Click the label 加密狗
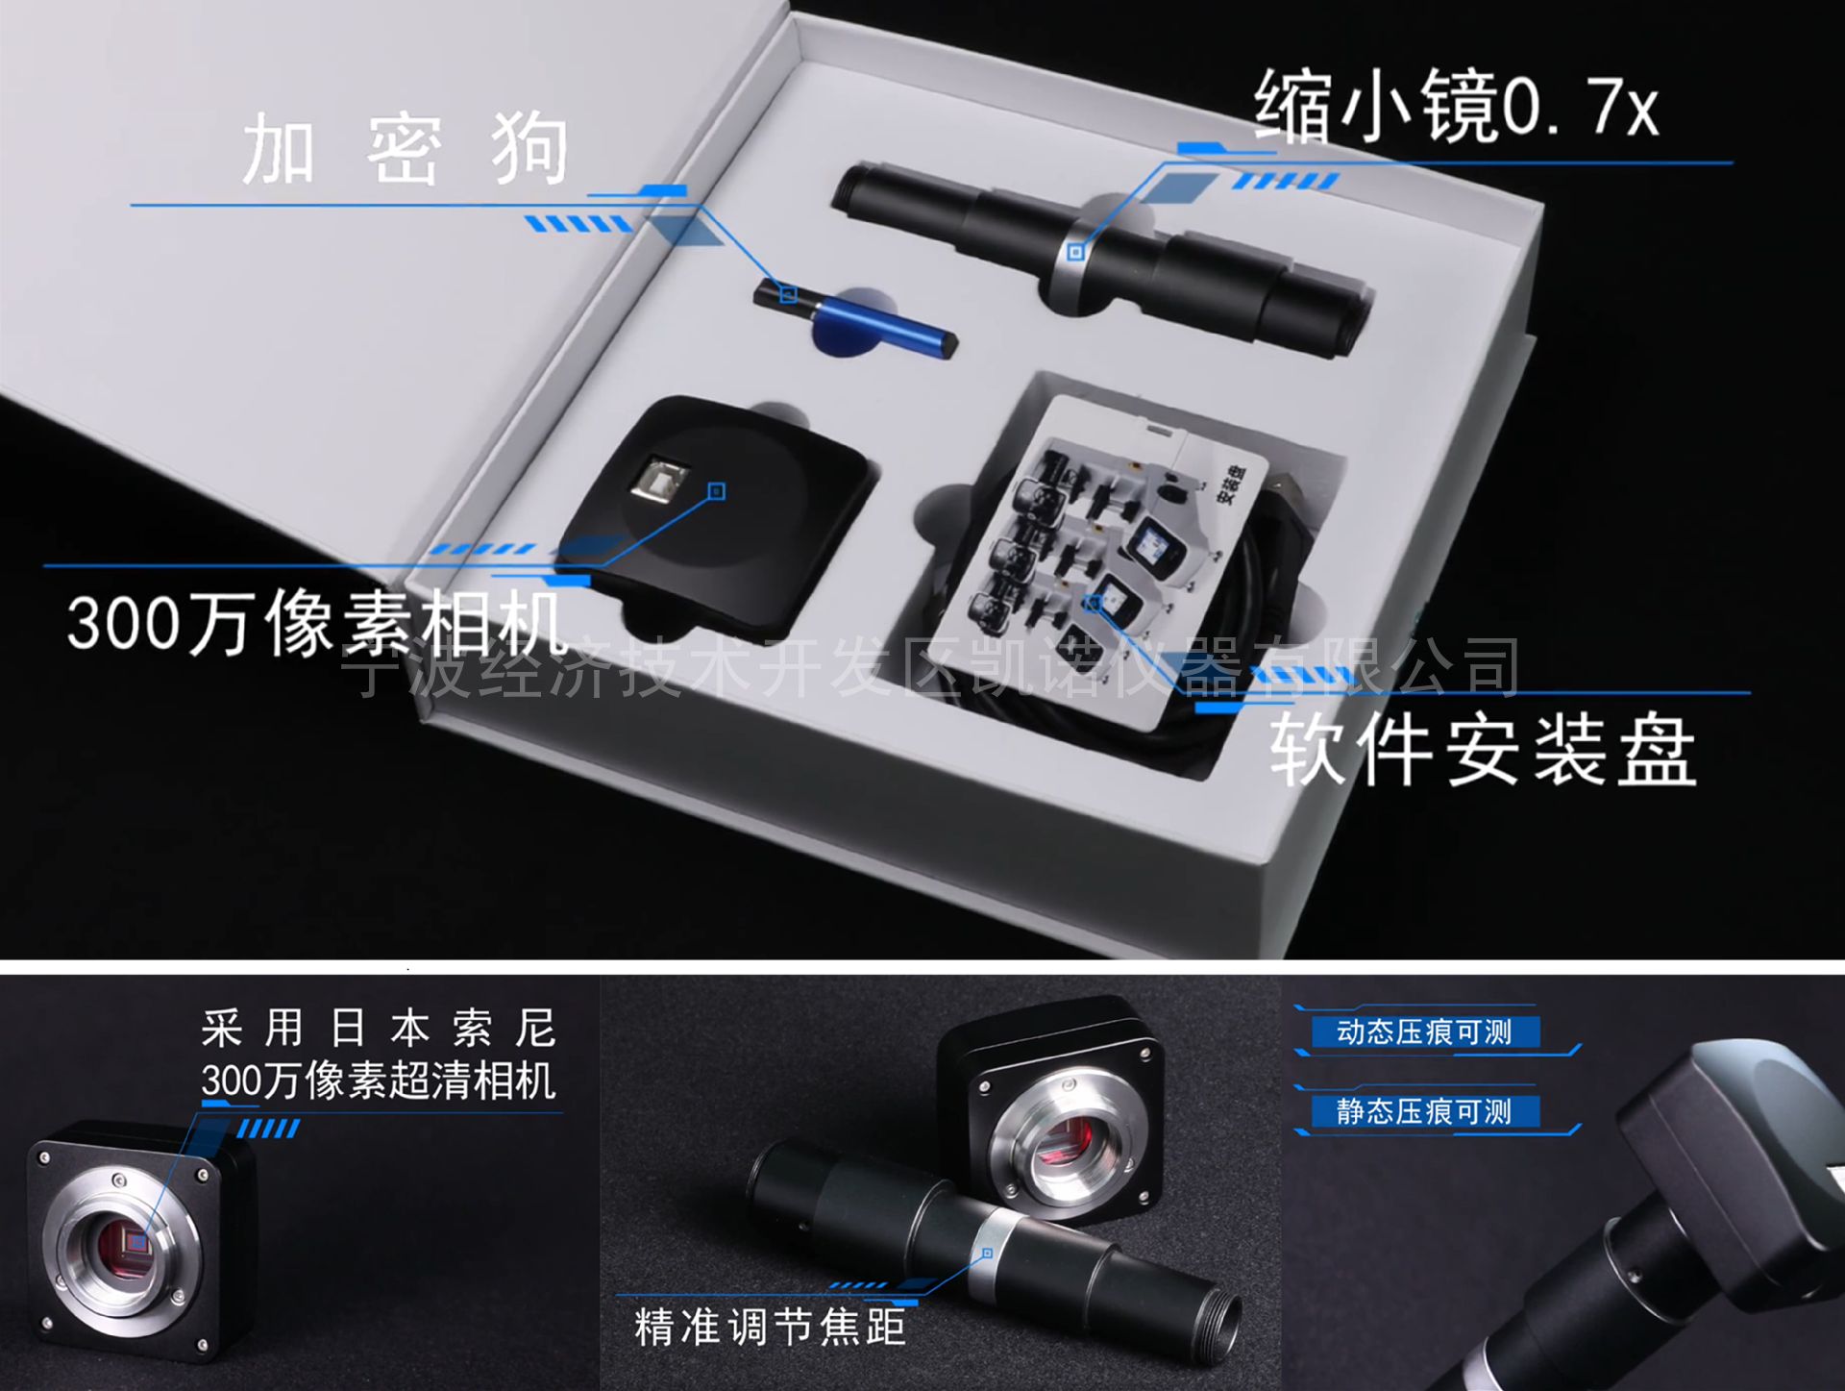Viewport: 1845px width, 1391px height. tap(405, 149)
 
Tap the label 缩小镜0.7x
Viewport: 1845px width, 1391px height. tap(1457, 106)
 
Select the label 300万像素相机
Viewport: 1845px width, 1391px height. tap(316, 623)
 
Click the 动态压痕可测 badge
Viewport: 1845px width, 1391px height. tap(1425, 1032)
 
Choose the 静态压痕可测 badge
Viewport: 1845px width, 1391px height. tap(1425, 1112)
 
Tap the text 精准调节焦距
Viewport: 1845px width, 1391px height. tap(770, 1327)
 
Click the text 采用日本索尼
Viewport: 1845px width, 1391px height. tap(379, 1029)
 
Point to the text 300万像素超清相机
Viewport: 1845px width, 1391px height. tap(379, 1081)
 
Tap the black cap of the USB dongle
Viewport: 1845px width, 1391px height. tap(783, 293)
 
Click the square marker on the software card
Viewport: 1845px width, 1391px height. tap(1093, 604)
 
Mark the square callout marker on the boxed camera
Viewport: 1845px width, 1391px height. tap(717, 492)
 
